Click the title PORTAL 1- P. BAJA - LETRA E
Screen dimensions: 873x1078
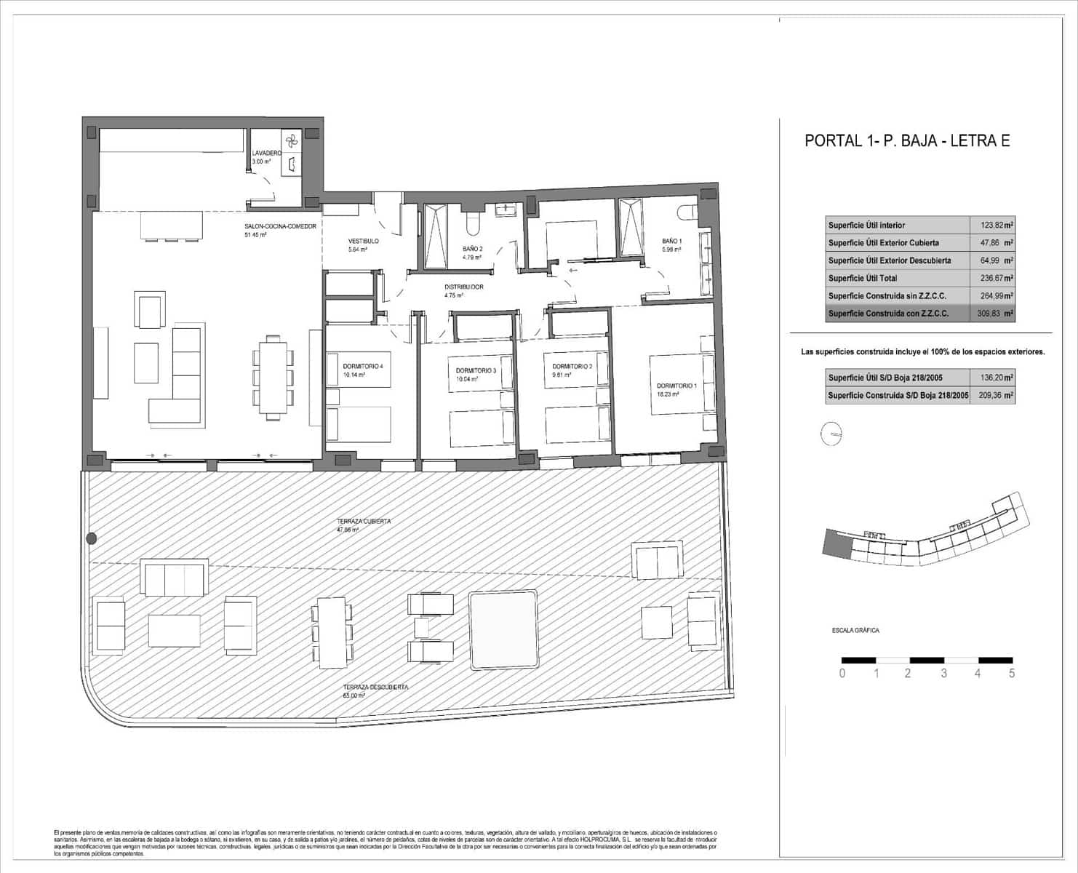coord(906,141)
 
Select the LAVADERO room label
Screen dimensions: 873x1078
coord(265,154)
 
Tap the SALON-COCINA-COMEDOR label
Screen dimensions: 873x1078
coord(280,226)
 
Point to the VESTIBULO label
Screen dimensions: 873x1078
coord(363,241)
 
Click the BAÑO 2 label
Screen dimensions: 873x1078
coord(473,249)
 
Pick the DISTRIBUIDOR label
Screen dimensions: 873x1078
coord(463,287)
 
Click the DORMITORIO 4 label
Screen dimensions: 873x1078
coord(362,367)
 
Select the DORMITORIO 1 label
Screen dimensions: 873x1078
coord(676,386)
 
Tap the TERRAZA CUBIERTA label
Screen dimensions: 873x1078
coord(364,522)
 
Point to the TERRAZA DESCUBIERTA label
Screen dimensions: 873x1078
coord(375,687)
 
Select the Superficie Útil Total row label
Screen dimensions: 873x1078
coord(863,279)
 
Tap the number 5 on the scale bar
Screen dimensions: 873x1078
coord(1011,674)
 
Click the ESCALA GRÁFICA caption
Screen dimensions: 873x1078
coord(855,631)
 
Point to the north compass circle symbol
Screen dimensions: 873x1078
coord(831,434)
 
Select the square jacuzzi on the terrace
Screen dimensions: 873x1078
coord(503,630)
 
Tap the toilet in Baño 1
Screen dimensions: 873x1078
coord(687,212)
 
